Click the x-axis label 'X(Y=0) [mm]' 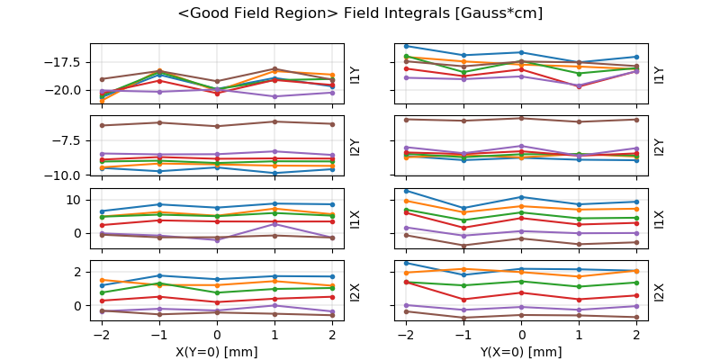[218, 352]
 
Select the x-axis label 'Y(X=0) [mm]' [522, 352]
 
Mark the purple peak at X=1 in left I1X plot [275, 224]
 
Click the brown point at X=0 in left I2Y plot [217, 126]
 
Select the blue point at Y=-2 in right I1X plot [407, 191]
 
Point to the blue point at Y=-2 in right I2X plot [407, 263]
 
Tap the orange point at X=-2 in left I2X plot [102, 280]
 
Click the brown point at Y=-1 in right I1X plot [463, 246]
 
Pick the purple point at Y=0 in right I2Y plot [522, 146]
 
